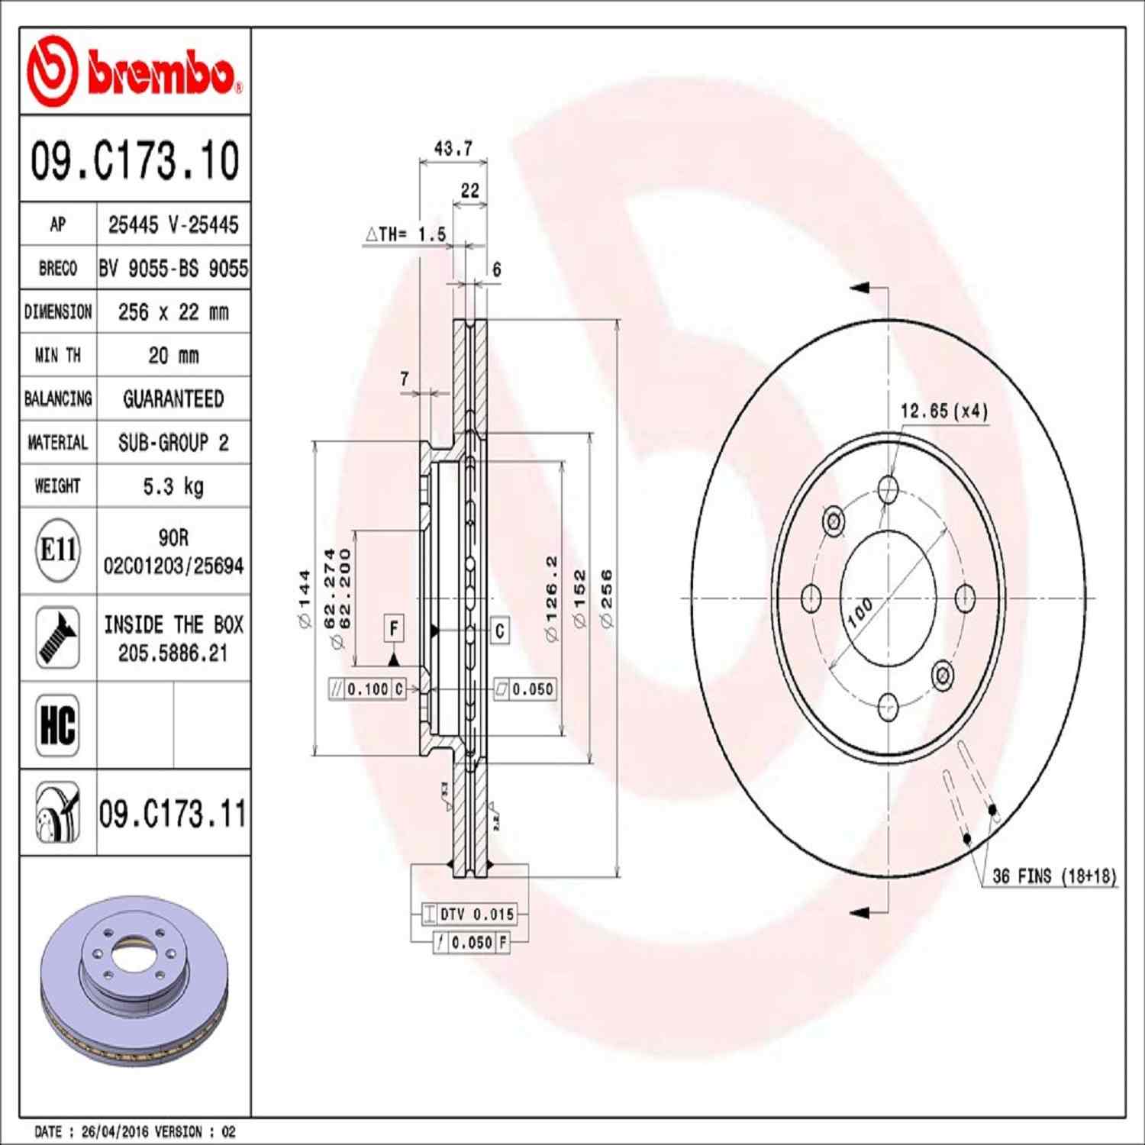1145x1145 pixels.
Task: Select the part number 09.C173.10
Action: coord(135,160)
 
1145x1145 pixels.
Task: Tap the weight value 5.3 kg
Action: coord(173,486)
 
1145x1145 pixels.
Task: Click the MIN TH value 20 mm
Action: coord(173,356)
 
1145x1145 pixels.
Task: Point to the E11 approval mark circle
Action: coord(58,550)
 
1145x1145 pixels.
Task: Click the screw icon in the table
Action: coord(58,638)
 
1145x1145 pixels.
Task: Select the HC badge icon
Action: coord(58,725)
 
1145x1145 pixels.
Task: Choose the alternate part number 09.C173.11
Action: coord(173,814)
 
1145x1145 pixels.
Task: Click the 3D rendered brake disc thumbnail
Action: coord(134,981)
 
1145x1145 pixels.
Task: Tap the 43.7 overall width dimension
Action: coord(453,148)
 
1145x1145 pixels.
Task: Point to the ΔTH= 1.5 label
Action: coord(406,234)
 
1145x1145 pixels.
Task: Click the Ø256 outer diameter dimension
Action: coord(607,598)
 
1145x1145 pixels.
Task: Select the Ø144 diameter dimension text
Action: coord(305,598)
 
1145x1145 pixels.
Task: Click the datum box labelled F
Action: coord(394,629)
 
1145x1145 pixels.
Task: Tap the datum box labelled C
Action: coord(500,631)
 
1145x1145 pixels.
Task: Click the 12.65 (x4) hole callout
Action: coord(943,411)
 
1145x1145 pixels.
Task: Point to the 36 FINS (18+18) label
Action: coord(1054,876)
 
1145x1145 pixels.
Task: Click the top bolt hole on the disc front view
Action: coord(888,489)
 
